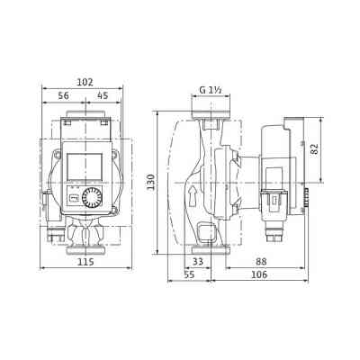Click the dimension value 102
(x=84, y=81)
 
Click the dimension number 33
(x=199, y=262)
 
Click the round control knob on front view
(x=93, y=199)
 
